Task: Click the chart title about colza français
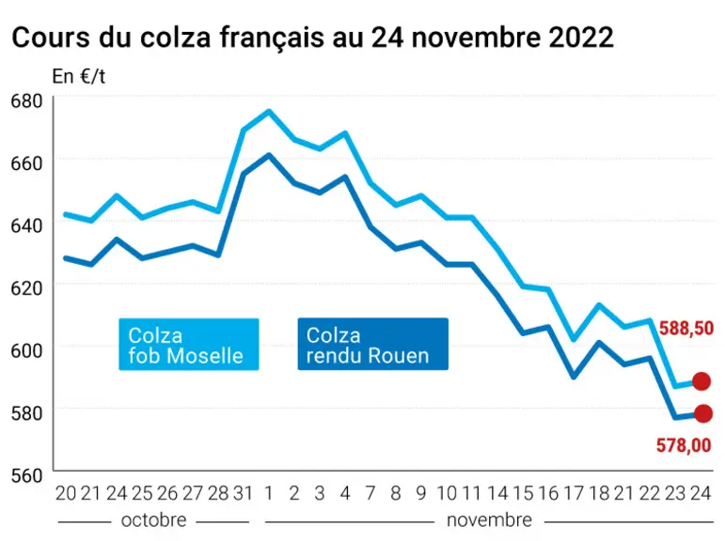tap(312, 37)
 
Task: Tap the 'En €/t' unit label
tap(79, 76)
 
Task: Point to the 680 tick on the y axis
tap(26, 101)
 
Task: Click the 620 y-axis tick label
tap(26, 288)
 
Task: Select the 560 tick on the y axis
tap(26, 475)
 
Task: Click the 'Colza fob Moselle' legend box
tap(189, 344)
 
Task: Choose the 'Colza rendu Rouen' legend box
tap(372, 344)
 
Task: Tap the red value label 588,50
tap(686, 329)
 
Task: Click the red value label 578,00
tap(684, 445)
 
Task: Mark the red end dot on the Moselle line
tap(701, 381)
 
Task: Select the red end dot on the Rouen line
tap(703, 413)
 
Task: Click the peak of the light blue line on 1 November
tap(269, 111)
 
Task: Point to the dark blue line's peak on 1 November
tap(269, 155)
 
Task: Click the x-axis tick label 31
tap(243, 493)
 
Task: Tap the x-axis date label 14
tap(497, 493)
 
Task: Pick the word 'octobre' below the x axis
tap(153, 520)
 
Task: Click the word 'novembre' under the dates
tap(489, 520)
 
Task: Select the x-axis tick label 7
tap(370, 493)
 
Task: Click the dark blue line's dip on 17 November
tap(574, 377)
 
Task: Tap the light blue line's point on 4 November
tap(345, 133)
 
